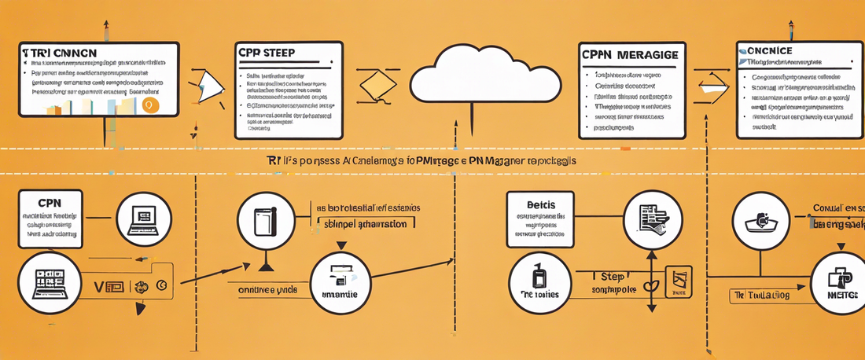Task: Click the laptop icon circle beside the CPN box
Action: point(144,218)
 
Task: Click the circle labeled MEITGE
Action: point(838,280)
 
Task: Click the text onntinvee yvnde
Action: point(267,288)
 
